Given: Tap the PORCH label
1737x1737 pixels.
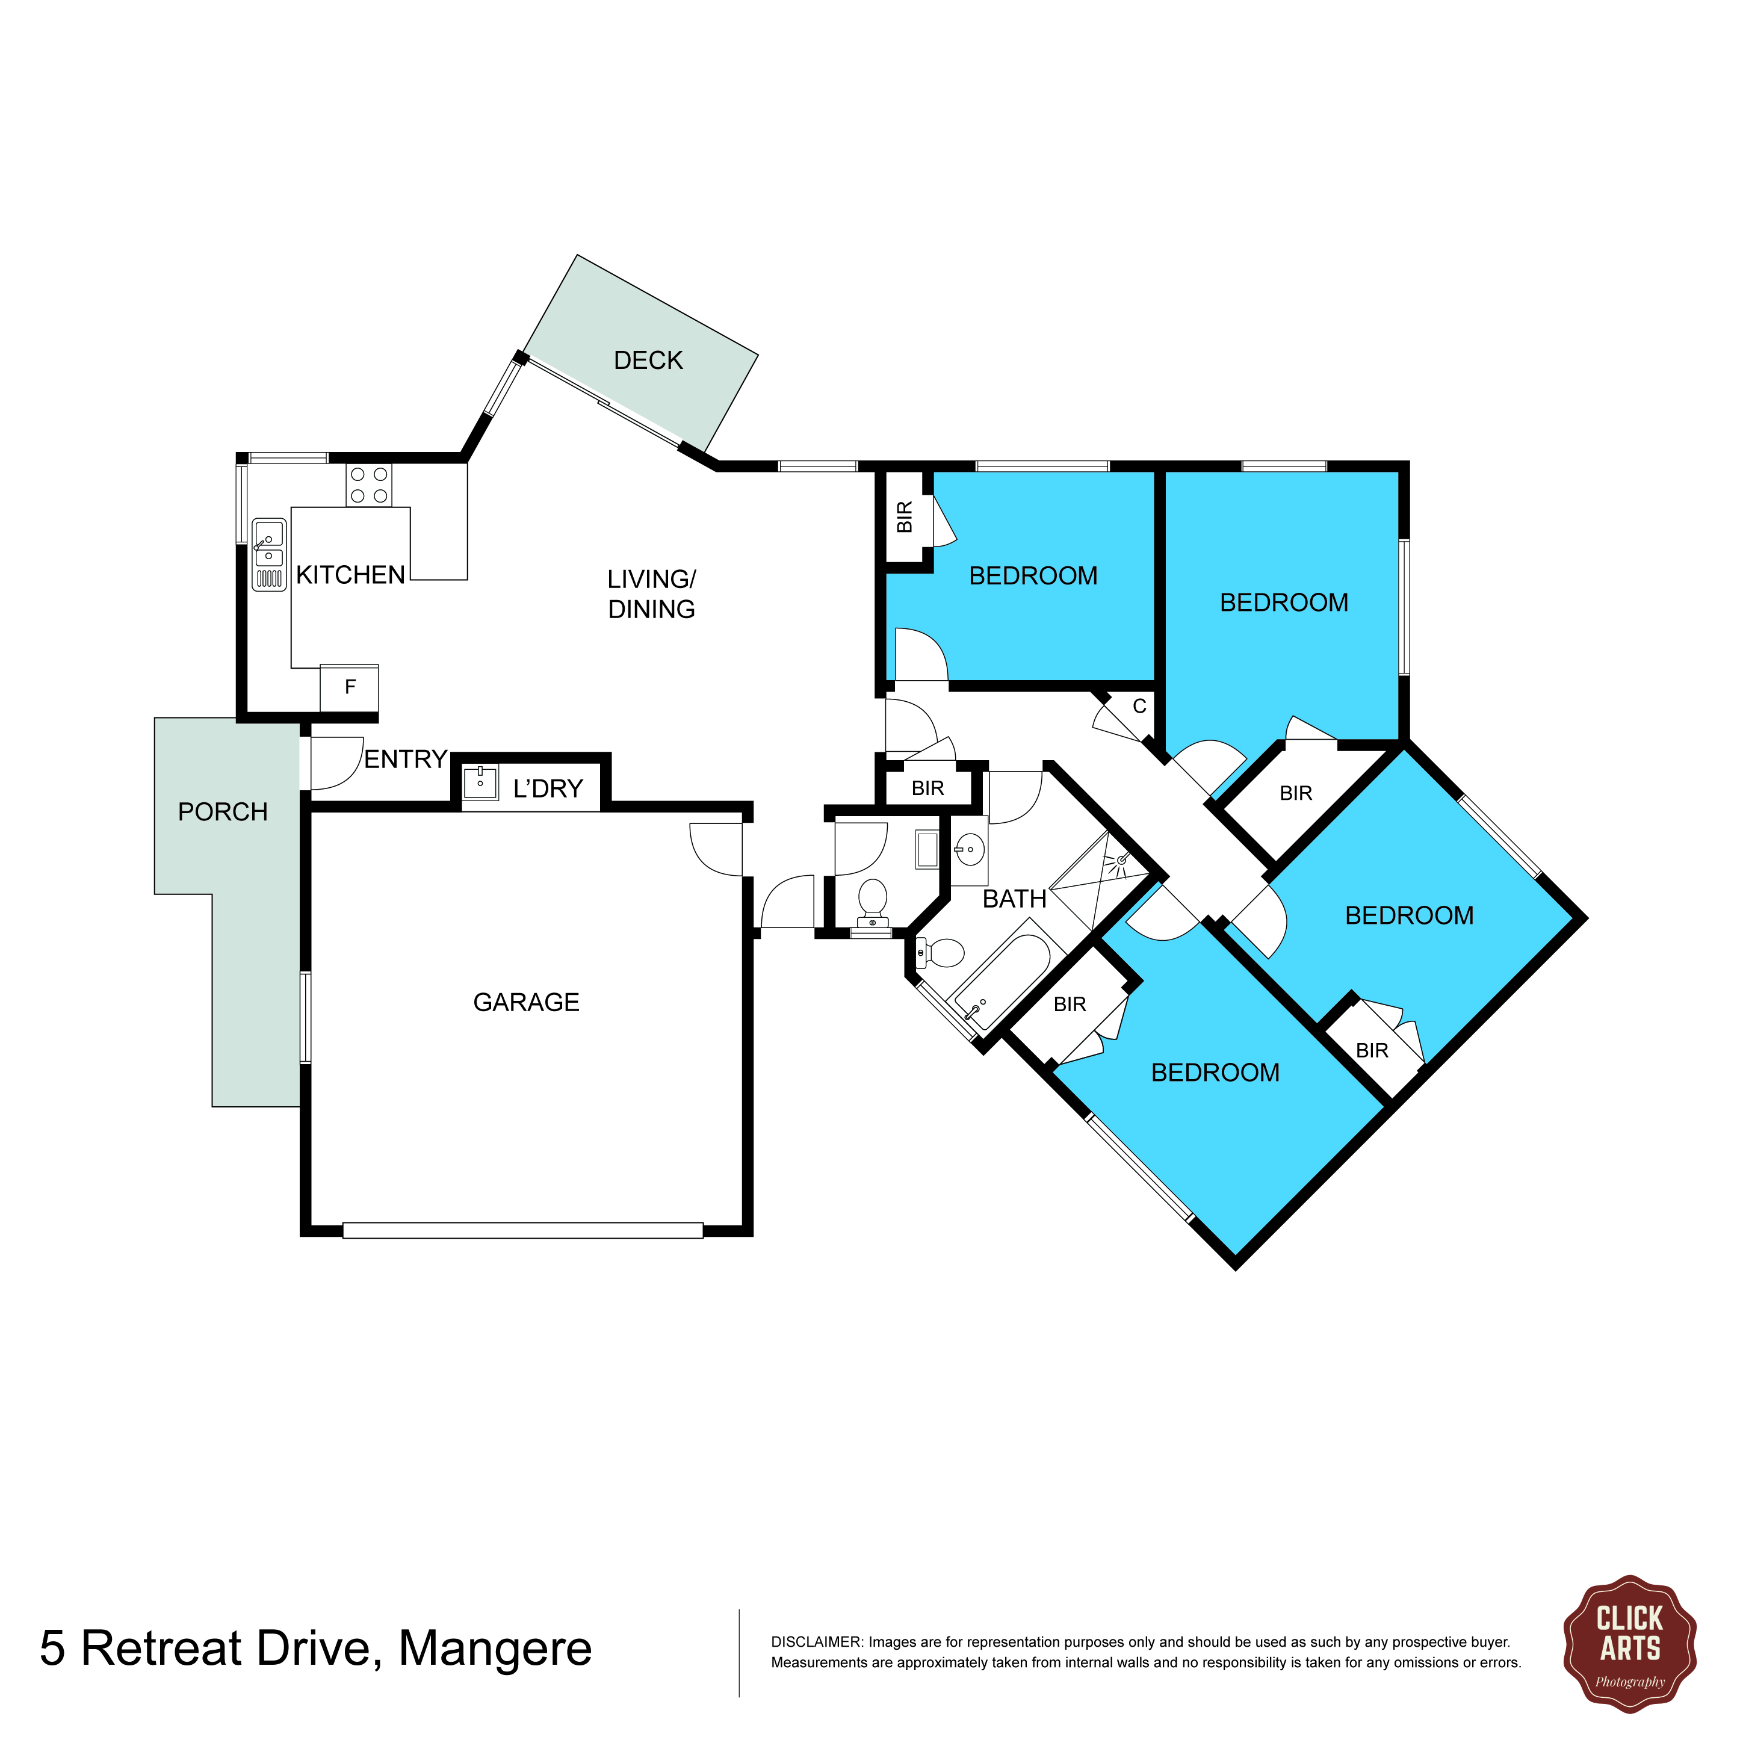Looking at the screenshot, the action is (x=223, y=813).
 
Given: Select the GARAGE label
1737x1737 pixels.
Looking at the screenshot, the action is (x=526, y=1003).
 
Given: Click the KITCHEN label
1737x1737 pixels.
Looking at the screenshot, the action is (x=351, y=575).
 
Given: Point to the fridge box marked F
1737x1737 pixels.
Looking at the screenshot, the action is (x=350, y=688).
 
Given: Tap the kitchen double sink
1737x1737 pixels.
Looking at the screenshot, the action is (x=269, y=554).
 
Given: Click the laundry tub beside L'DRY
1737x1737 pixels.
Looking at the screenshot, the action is (x=480, y=783).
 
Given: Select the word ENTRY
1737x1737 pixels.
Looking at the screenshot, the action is (x=406, y=760).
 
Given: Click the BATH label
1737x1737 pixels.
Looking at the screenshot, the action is (x=1014, y=899).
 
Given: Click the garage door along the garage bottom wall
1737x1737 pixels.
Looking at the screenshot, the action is (x=522, y=1231).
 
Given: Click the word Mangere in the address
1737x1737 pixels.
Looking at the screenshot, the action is (x=495, y=1649).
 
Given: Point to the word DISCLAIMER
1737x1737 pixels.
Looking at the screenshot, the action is (x=816, y=1643).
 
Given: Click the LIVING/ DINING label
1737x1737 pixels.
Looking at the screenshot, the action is (x=652, y=594).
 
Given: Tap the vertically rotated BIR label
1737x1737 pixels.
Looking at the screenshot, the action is (x=905, y=517).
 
